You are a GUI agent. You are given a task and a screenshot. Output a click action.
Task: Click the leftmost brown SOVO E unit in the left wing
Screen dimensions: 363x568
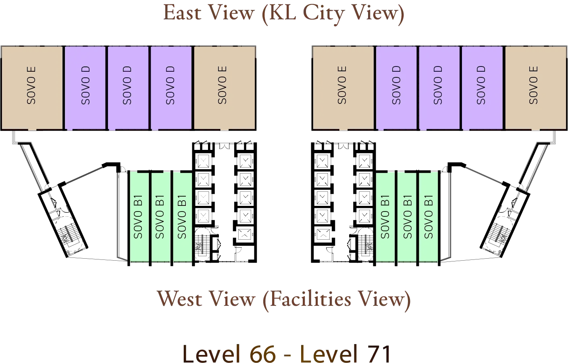(x=32, y=88)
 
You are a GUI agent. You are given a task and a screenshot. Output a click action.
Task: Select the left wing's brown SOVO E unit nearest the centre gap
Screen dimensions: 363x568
(x=224, y=88)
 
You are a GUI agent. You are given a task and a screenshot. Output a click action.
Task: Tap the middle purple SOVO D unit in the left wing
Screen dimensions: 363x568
(x=128, y=88)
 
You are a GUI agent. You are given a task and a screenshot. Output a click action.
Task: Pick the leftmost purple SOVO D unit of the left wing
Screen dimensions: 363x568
(x=85, y=88)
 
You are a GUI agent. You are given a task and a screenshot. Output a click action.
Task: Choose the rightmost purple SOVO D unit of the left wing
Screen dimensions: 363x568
(x=171, y=88)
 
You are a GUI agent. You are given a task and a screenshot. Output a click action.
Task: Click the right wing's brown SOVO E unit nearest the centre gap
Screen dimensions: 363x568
(x=343, y=88)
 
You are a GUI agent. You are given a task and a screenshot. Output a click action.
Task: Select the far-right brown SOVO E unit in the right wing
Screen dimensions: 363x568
(x=535, y=88)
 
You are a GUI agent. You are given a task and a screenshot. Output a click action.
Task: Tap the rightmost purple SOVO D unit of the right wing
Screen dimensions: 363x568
(x=482, y=88)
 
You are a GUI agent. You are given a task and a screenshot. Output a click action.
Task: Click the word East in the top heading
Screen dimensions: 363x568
(x=181, y=14)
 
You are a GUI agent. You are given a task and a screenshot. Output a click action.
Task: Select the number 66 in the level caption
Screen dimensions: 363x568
(x=263, y=353)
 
